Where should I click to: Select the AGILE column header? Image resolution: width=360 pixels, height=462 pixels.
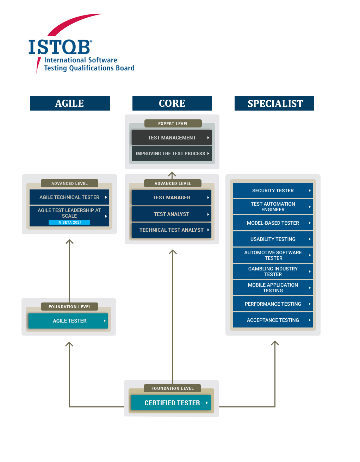70,103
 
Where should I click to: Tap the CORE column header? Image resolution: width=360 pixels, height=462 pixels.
172,103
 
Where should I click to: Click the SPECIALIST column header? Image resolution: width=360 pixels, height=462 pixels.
274,103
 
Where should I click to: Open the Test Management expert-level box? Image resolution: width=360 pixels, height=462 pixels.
172,138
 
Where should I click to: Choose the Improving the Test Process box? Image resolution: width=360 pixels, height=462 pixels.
172,154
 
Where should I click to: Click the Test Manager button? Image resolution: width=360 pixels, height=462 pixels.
171,198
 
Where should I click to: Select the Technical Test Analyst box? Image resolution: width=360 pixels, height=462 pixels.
171,230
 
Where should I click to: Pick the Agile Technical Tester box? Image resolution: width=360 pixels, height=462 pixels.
69,197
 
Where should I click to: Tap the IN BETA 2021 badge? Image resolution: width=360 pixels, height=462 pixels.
69,223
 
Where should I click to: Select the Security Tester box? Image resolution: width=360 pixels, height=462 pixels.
273,191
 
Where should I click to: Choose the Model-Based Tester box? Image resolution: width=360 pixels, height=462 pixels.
273,223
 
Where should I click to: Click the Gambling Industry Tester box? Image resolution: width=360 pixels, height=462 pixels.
273,271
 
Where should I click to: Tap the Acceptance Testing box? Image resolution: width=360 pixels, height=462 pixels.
273,320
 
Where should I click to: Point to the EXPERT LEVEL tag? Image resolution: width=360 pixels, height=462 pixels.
173,124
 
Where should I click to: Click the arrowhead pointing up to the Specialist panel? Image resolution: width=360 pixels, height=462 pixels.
275,343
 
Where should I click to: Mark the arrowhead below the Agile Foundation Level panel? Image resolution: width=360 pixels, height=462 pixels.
69,344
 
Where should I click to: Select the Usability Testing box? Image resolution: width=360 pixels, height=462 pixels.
273,239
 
